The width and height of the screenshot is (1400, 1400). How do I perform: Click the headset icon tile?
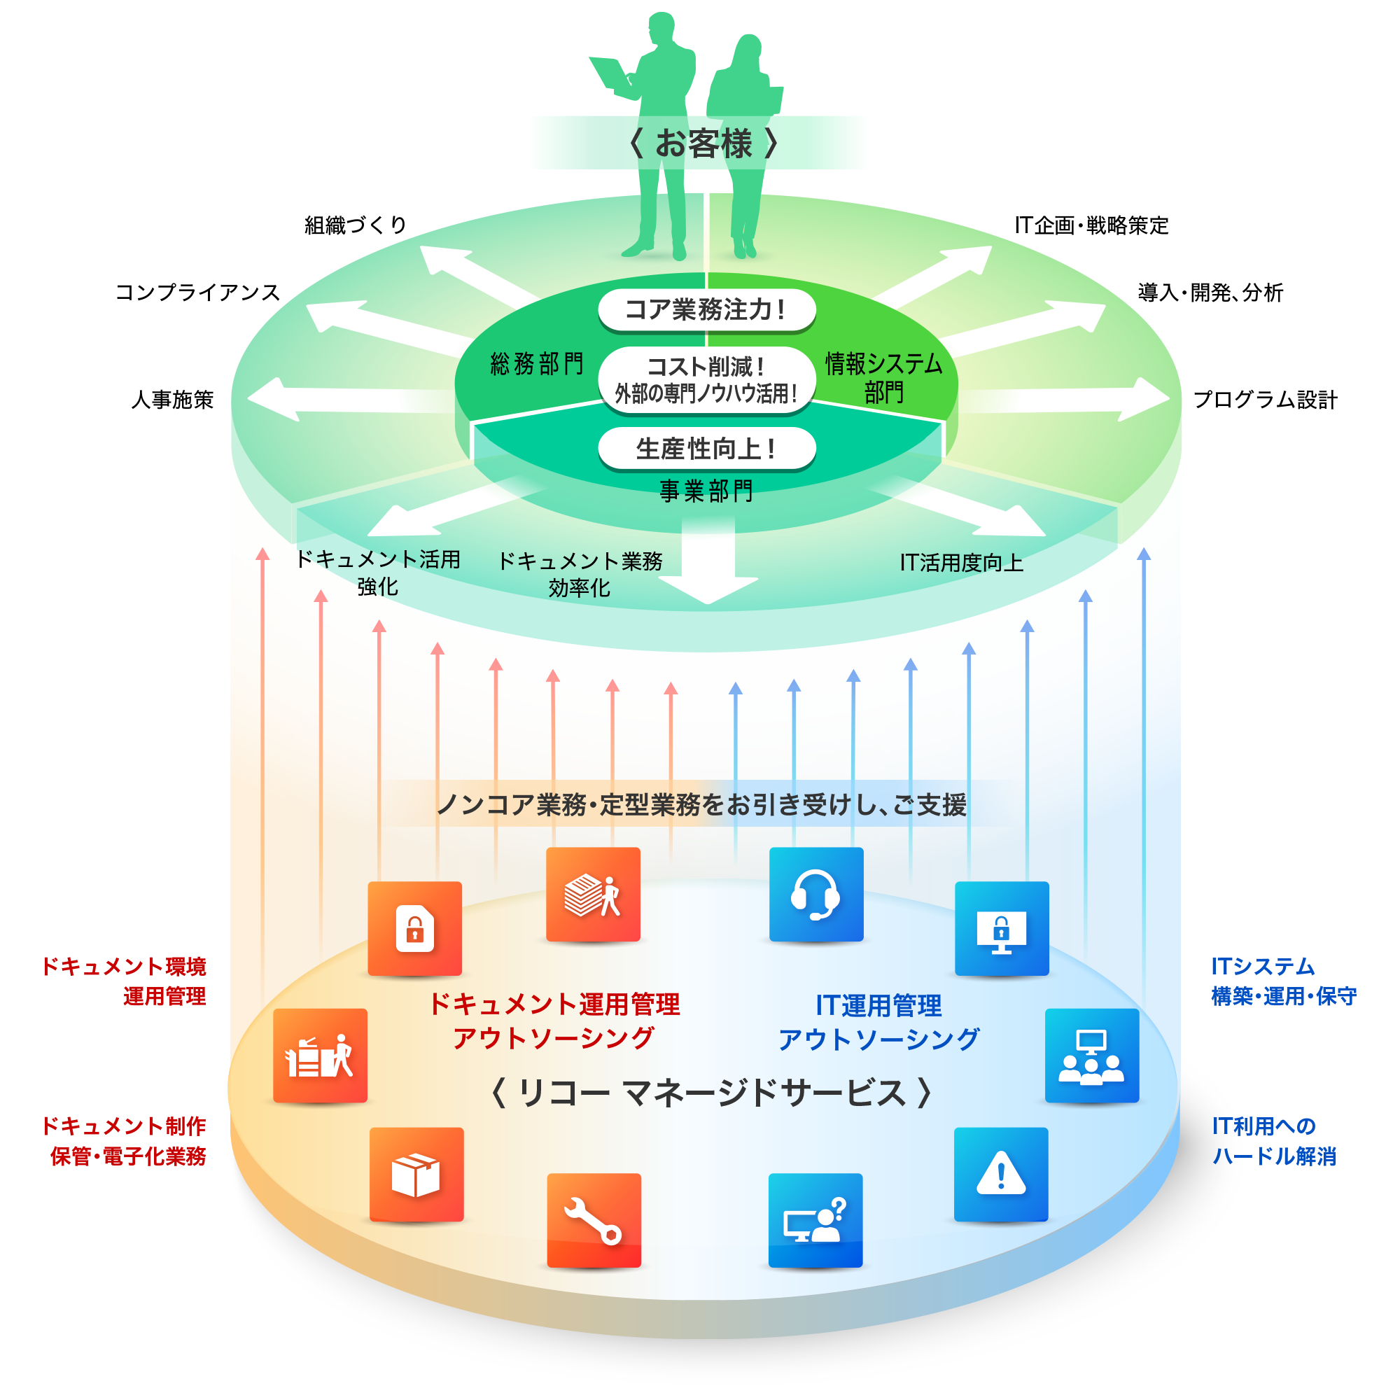(x=816, y=894)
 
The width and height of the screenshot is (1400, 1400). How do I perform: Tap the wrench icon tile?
(x=594, y=1220)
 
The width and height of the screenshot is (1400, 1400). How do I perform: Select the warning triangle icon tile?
(x=1001, y=1174)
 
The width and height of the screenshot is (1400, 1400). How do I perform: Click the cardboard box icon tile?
(x=416, y=1174)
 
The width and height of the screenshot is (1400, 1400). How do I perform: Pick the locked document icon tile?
(x=414, y=928)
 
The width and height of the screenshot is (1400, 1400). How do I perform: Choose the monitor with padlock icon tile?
(x=1002, y=928)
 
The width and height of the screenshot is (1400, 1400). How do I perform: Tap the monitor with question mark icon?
(x=815, y=1220)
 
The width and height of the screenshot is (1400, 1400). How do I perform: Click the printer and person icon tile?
(x=320, y=1055)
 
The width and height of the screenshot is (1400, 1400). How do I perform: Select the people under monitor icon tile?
(x=1091, y=1055)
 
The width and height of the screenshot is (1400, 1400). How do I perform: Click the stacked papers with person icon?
(x=593, y=894)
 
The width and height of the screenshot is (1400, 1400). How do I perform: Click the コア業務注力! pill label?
(x=706, y=309)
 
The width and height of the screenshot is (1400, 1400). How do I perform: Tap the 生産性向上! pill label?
(x=706, y=449)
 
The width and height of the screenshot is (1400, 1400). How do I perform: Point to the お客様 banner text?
(x=703, y=143)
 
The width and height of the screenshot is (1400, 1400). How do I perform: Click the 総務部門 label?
(x=537, y=364)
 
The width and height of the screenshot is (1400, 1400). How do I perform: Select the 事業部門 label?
(x=706, y=491)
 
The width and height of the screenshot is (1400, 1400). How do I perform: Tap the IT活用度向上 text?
(x=961, y=562)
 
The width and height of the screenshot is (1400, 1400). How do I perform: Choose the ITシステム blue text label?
(x=1262, y=966)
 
